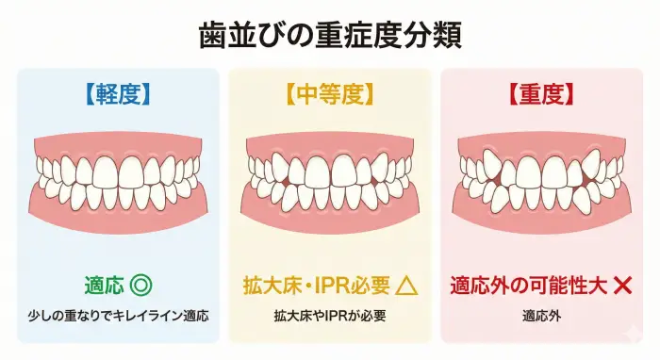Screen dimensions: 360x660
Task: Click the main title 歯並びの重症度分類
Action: click(x=330, y=36)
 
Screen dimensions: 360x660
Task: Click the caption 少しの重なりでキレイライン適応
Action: click(x=117, y=314)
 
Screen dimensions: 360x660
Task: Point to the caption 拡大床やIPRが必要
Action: click(x=329, y=314)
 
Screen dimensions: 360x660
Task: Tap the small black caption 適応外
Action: click(x=541, y=314)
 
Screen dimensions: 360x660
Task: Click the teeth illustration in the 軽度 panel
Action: click(x=117, y=179)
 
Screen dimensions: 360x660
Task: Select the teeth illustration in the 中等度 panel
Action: click(x=330, y=179)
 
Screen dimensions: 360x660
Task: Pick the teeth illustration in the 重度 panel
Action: click(x=541, y=179)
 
